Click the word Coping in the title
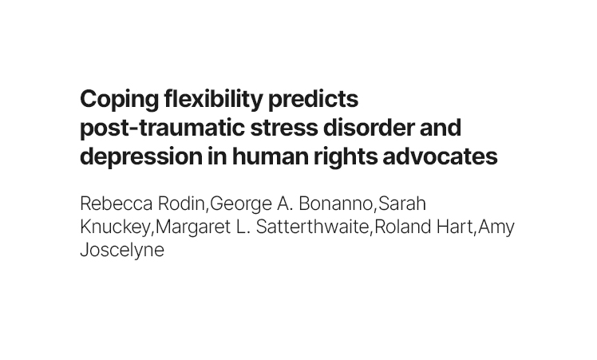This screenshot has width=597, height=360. tap(119, 100)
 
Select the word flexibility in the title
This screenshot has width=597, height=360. tap(214, 100)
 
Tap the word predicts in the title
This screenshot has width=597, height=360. tap(314, 100)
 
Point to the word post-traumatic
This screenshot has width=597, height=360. tap(162, 128)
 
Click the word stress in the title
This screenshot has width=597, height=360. tap(284, 128)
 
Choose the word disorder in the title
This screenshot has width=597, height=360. tap(369, 128)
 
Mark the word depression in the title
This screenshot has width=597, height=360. tap(141, 156)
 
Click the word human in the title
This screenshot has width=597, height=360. tap(271, 156)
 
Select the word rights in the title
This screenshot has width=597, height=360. tap(346, 156)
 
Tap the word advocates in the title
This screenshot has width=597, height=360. tap(440, 156)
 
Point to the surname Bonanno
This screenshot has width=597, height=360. tap(335, 204)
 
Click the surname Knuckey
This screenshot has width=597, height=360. tap(116, 227)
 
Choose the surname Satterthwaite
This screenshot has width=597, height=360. tap(313, 227)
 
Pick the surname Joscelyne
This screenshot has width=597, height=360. tap(122, 251)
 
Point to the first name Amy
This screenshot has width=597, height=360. tap(496, 227)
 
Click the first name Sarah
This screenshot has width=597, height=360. tap(402, 204)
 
